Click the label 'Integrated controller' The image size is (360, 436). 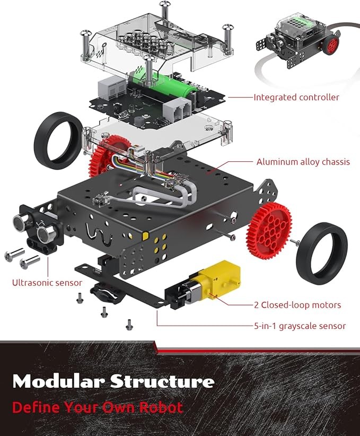[x=296, y=97]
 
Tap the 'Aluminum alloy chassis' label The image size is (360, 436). [x=303, y=162]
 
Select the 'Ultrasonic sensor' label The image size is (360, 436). [x=47, y=283]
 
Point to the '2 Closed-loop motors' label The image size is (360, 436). [x=296, y=305]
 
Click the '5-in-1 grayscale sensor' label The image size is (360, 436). [x=300, y=326]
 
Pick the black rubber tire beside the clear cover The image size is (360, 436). [x=58, y=140]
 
